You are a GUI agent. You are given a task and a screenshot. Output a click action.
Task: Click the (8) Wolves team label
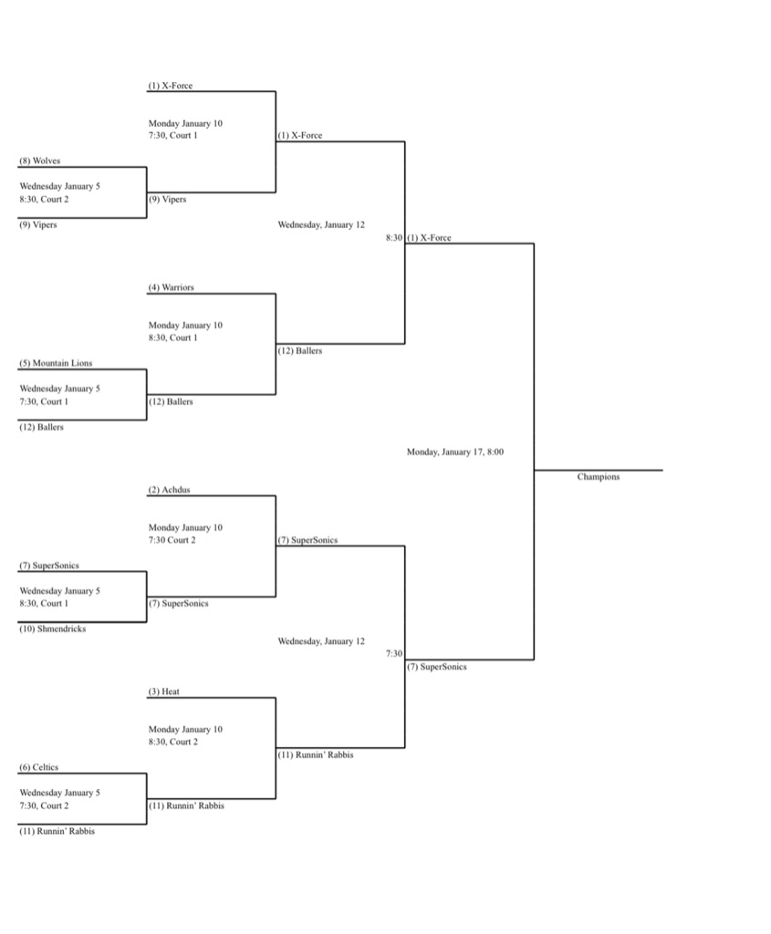[40, 161]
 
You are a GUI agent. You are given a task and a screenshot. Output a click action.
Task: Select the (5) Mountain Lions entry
[56, 363]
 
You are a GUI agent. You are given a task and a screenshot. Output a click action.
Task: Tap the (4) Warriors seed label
[171, 287]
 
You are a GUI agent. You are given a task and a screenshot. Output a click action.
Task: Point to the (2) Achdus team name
[169, 490]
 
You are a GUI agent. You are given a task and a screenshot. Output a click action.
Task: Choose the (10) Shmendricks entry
[52, 629]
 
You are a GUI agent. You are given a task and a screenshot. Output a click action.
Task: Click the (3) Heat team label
[164, 691]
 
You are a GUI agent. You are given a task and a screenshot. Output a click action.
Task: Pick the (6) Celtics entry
[38, 767]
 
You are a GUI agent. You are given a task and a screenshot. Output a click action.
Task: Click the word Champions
[599, 476]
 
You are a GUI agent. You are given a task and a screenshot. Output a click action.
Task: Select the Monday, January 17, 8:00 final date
[455, 452]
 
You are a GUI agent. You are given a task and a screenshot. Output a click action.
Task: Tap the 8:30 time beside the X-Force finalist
[394, 238]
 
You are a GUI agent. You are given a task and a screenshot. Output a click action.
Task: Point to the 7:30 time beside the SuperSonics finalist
[394, 653]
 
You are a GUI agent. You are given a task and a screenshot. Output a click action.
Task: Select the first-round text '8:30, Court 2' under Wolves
[44, 200]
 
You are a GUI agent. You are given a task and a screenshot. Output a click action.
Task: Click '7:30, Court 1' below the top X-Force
[172, 135]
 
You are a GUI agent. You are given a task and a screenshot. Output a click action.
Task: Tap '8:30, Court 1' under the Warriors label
[172, 337]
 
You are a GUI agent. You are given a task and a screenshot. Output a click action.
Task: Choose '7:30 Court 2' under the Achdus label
[172, 540]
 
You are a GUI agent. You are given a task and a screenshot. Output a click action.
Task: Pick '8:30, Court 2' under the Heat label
[173, 742]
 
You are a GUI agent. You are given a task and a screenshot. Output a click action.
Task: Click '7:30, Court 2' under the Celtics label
[44, 806]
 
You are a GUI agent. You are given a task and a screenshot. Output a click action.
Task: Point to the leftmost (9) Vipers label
[38, 225]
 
